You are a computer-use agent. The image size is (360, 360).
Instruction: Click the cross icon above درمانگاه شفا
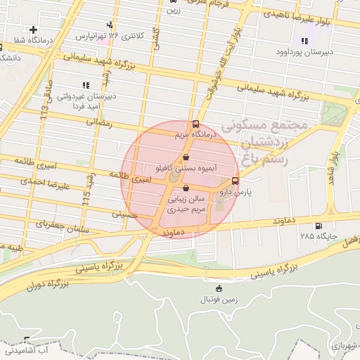pyautogui.click(x=33, y=30)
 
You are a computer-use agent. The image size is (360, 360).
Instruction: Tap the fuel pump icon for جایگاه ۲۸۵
pyautogui.click(x=320, y=226)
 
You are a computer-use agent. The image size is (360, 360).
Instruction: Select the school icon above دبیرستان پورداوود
pyautogui.click(x=304, y=41)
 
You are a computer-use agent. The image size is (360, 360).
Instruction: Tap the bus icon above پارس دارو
pyautogui.click(x=235, y=179)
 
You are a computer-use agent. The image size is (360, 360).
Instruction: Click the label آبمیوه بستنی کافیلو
pyautogui.click(x=186, y=169)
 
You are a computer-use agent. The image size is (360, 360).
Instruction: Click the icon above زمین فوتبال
pyautogui.click(x=218, y=288)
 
